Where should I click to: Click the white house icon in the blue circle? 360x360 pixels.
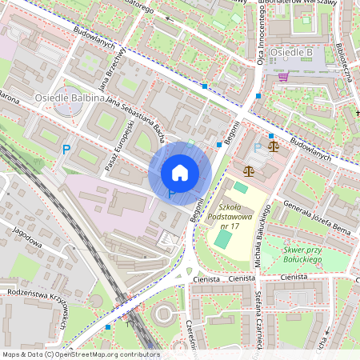(x=180, y=172)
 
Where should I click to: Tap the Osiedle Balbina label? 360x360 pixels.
(x=70, y=98)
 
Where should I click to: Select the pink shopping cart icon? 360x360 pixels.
(x=283, y=77)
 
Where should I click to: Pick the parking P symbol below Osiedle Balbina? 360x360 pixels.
(x=66, y=149)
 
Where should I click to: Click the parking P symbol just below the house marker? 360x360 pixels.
(x=171, y=194)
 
